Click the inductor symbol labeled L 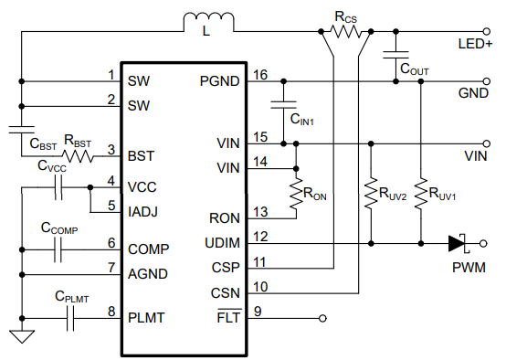pyautogui.click(x=206, y=21)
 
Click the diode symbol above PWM pyautogui.click(x=459, y=243)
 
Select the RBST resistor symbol pyautogui.click(x=78, y=155)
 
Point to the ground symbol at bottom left pyautogui.click(x=20, y=336)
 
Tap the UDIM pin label pyautogui.click(x=218, y=243)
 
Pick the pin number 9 pyautogui.click(x=258, y=312)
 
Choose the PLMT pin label pyautogui.click(x=147, y=317)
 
